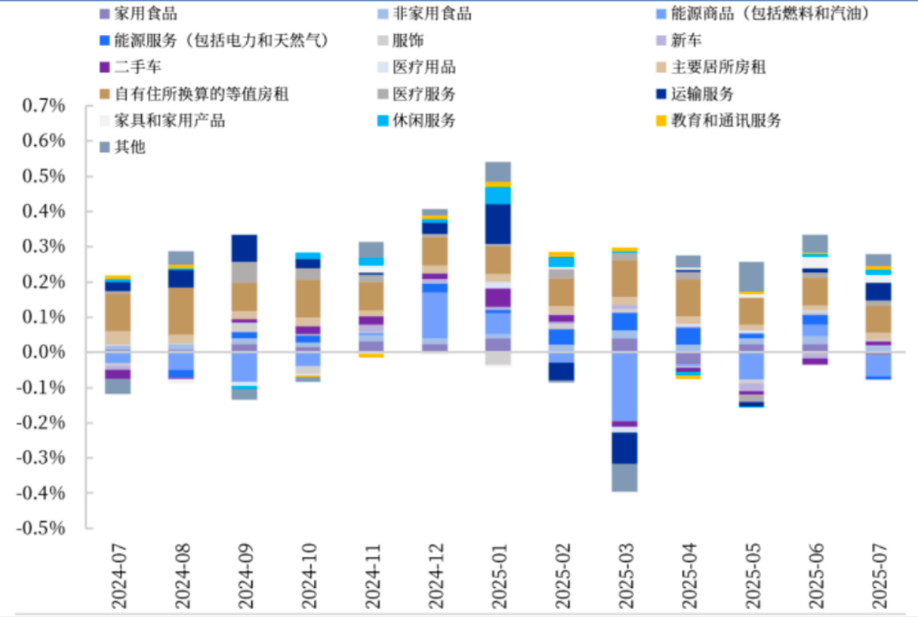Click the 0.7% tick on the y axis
click(x=44, y=106)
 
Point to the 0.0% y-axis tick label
click(x=44, y=352)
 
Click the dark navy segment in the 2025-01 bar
click(x=498, y=224)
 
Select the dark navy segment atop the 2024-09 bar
click(x=244, y=248)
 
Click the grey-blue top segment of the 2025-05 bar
click(x=751, y=276)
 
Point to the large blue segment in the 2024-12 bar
click(x=434, y=315)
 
